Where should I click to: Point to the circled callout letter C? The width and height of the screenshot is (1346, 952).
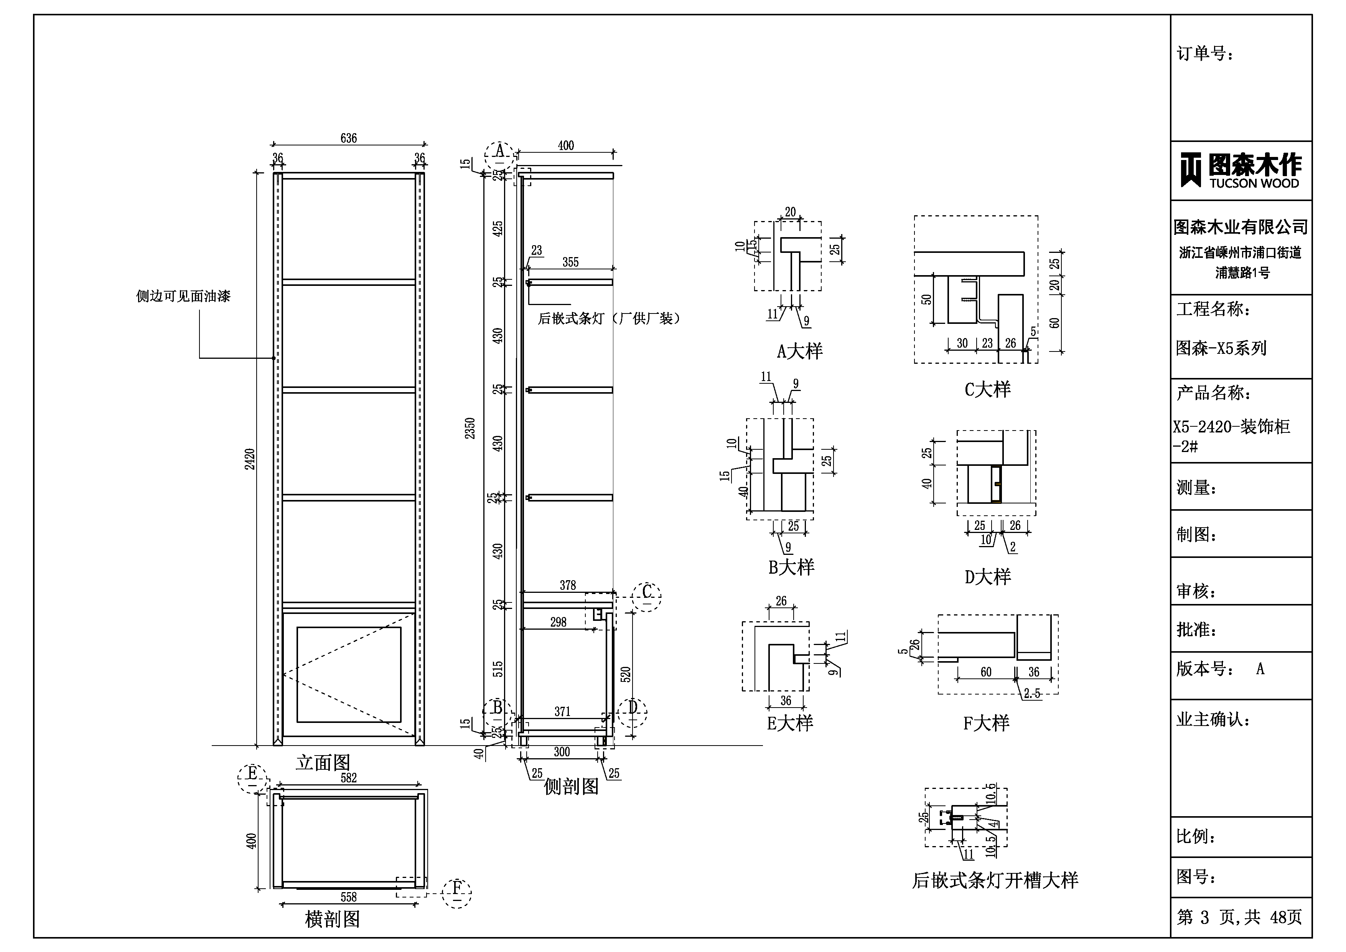point(647,591)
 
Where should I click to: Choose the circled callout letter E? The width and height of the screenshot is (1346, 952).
point(252,773)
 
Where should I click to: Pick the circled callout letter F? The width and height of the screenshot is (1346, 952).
point(457,888)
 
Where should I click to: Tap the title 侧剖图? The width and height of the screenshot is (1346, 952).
point(571,787)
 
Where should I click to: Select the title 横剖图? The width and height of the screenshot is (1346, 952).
point(333,919)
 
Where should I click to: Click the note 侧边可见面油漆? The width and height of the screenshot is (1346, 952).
point(183,296)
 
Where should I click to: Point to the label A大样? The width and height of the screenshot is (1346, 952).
point(800,351)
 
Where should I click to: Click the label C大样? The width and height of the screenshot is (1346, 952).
point(988,389)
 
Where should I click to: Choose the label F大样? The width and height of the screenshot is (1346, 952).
point(986,723)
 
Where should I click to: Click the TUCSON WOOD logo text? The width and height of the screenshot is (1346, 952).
point(1254,183)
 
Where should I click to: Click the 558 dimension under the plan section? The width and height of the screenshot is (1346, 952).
point(348,897)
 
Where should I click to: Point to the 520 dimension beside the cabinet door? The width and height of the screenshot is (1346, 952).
point(626,675)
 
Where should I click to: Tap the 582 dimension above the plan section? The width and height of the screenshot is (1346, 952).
point(348,778)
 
